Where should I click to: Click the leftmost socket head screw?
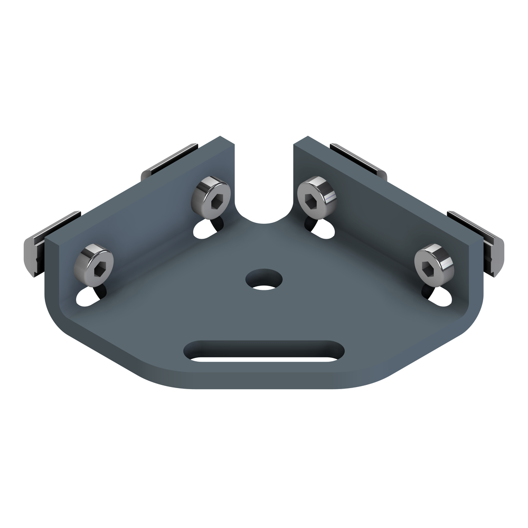(x=94, y=264)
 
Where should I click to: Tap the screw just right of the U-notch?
(x=317, y=196)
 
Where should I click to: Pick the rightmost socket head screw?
(x=434, y=263)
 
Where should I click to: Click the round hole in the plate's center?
(x=264, y=280)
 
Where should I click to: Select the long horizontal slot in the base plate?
(x=264, y=351)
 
